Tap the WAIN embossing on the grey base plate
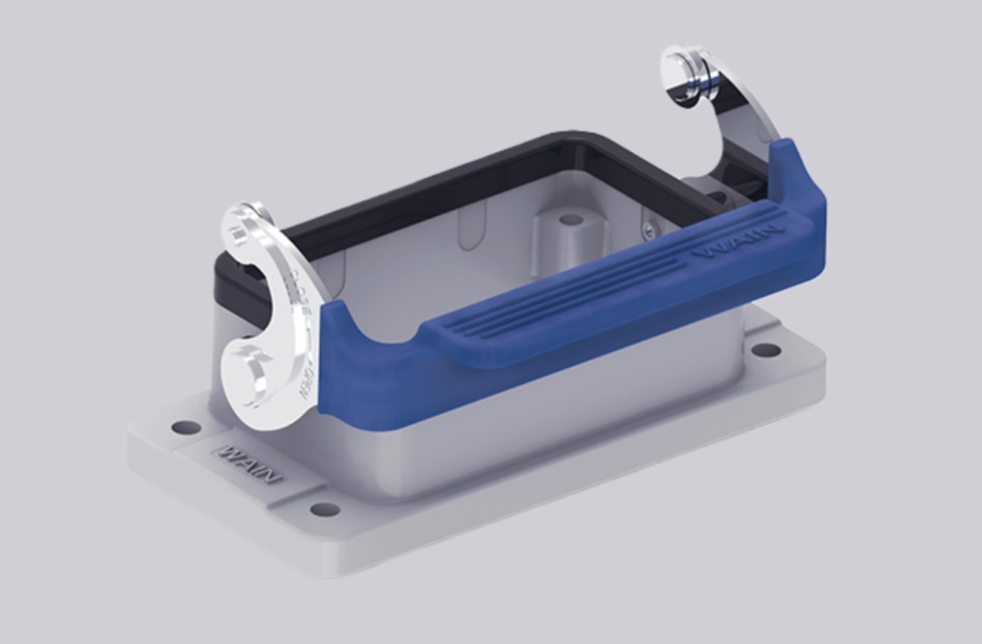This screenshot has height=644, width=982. [x=247, y=463]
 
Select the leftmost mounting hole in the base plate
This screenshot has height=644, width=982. [x=186, y=427]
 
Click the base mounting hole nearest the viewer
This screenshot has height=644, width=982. [x=324, y=510]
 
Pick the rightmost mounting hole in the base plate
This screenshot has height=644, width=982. [x=766, y=349]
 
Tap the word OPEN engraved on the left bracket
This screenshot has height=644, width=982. [x=305, y=378]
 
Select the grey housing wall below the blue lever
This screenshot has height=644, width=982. [x=550, y=412]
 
